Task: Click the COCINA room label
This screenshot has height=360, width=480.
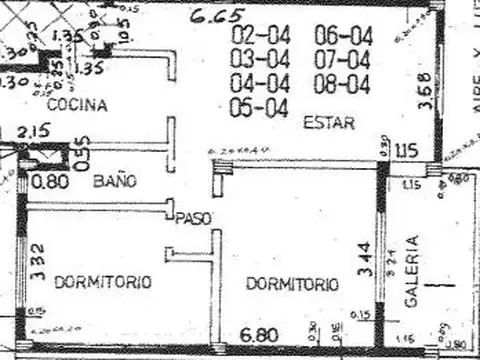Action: point(76,103)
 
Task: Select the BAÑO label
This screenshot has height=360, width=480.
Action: point(115,181)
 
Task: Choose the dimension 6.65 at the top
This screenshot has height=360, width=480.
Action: point(218,15)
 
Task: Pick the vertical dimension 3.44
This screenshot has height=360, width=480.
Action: point(363,260)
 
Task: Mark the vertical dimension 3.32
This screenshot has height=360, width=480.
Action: point(36,260)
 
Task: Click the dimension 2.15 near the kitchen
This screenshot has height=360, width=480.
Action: point(33,131)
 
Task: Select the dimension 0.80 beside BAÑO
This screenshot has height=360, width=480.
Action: point(49,182)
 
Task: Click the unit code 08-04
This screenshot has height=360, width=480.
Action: point(342,83)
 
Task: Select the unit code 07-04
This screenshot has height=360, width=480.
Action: point(342,60)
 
